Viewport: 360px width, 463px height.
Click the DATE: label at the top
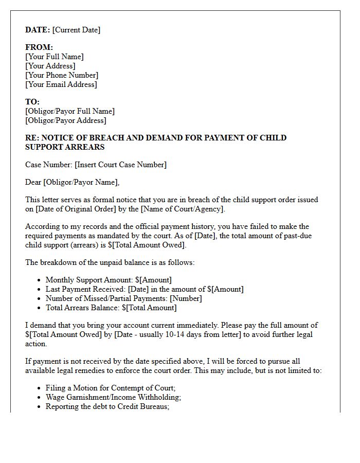coord(38,30)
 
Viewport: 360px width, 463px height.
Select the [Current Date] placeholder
coord(76,30)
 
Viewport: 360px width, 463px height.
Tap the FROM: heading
coord(39,47)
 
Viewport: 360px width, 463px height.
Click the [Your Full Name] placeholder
coord(55,57)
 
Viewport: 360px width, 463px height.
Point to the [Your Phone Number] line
coord(62,75)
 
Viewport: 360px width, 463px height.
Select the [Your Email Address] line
coord(61,84)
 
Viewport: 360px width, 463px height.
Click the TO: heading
coord(32,102)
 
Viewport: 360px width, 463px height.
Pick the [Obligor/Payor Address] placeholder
coord(66,120)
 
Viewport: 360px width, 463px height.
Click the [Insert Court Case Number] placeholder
coord(120,165)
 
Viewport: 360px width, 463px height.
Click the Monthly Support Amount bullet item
coord(109,280)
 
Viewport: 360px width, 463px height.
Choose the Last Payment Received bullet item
coord(145,289)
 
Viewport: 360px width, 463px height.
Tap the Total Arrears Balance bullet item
coord(111,308)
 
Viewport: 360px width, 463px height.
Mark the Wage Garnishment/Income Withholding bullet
coord(113,397)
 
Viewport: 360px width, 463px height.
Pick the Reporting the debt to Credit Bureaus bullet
coord(107,406)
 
